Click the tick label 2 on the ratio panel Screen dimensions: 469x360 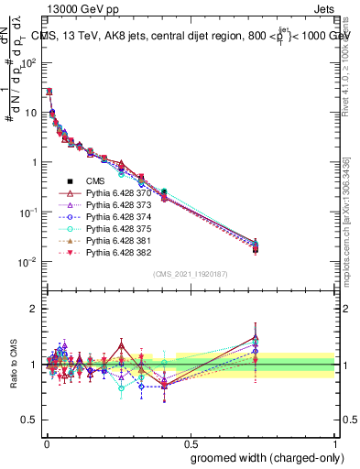point(31,309)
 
